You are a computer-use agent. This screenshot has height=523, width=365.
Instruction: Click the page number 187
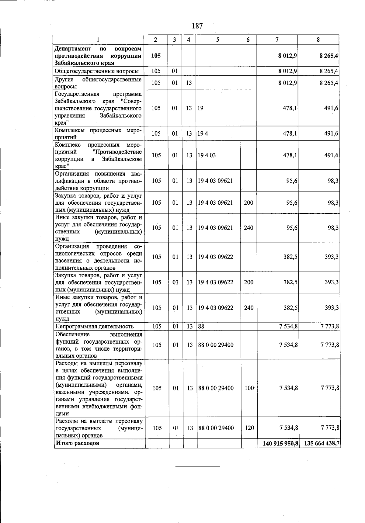[x=197, y=26]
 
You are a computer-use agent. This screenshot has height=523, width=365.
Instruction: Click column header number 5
[x=218, y=40]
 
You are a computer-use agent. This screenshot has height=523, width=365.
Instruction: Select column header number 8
[x=318, y=40]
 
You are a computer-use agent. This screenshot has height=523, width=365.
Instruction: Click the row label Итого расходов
[x=77, y=443]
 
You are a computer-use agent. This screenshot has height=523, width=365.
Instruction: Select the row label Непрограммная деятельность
[x=94, y=327]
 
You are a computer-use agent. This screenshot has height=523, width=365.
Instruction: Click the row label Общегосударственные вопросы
[x=97, y=71]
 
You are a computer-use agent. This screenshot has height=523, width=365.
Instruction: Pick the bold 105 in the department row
[x=156, y=56]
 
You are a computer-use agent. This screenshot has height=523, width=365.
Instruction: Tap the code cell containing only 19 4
[x=203, y=133]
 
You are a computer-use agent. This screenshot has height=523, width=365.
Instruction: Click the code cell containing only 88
[x=201, y=327]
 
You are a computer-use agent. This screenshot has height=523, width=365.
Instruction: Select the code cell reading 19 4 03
[x=207, y=155]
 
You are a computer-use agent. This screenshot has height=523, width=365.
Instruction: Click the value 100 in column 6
[x=249, y=388]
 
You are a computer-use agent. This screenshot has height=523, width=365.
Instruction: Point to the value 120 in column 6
[x=249, y=428]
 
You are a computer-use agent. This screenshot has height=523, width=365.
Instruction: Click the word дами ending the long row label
[x=62, y=414]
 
